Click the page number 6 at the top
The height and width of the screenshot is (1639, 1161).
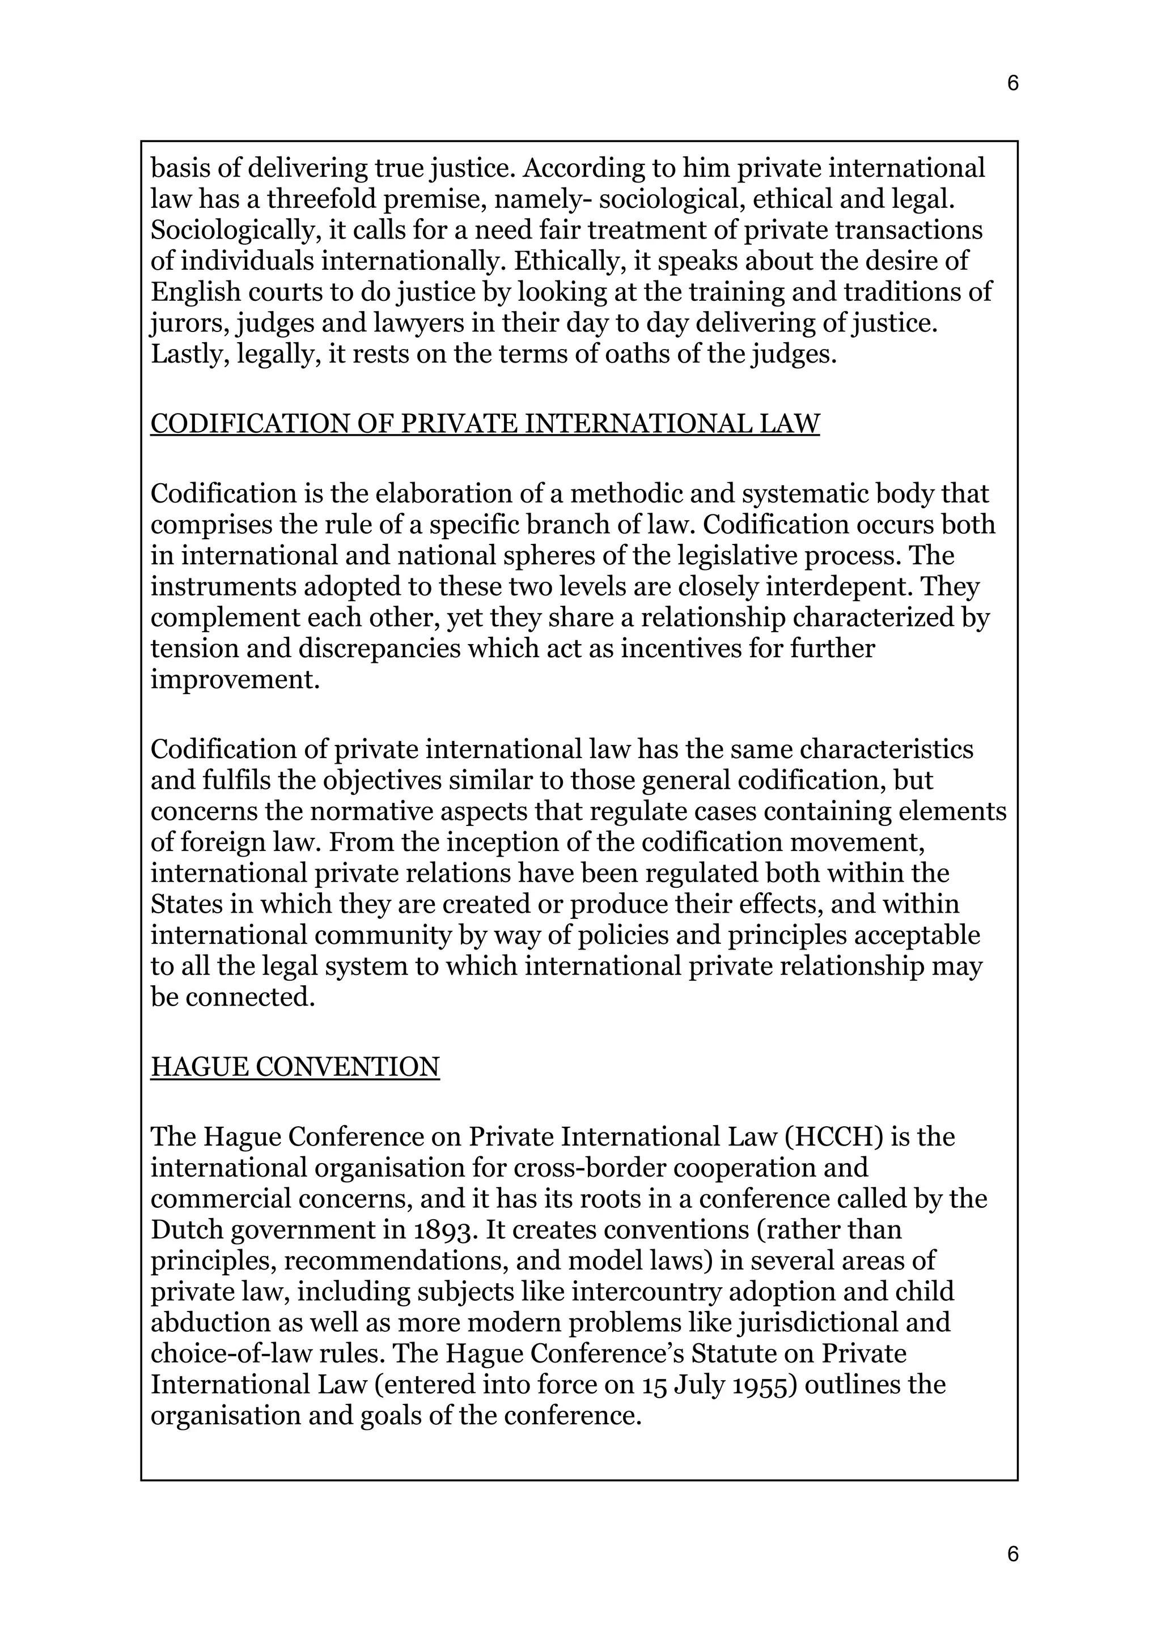click(1012, 84)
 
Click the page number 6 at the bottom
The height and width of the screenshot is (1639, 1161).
click(1012, 1555)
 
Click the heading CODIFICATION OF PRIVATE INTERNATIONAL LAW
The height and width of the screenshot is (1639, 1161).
click(485, 424)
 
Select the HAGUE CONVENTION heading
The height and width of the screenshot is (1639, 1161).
click(295, 1067)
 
